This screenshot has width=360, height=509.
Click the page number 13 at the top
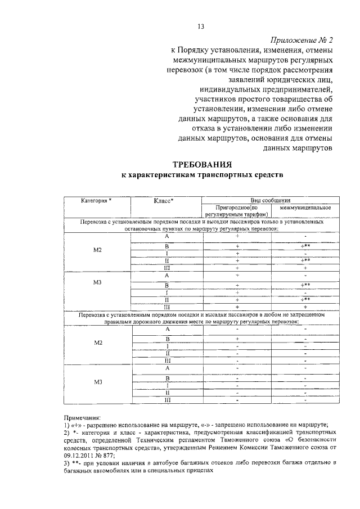[200, 26]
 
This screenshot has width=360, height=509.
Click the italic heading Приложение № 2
[301, 40]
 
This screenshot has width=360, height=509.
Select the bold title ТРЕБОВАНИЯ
[202, 165]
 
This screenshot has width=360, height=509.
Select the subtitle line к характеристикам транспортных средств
[202, 175]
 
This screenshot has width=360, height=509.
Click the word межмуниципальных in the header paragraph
[209, 61]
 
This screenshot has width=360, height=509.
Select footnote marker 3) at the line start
[67, 462]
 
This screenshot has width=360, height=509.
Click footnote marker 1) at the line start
[67, 425]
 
